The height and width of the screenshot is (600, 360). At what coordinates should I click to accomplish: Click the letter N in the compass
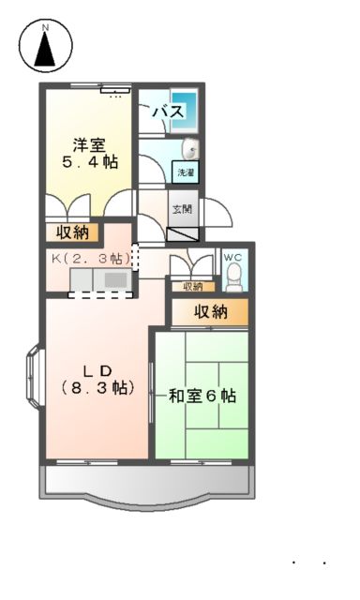pyautogui.click(x=44, y=28)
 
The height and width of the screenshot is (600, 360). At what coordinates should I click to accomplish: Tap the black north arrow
pyautogui.click(x=44, y=54)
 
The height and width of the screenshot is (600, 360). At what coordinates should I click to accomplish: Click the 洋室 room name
pyautogui.click(x=90, y=144)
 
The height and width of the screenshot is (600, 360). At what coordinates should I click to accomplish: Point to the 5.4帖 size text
pyautogui.click(x=91, y=162)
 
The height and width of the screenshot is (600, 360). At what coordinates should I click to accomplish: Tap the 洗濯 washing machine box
pyautogui.click(x=186, y=172)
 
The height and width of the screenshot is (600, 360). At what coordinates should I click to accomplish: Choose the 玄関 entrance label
pyautogui.click(x=182, y=209)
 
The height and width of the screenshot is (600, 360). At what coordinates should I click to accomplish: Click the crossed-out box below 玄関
pyautogui.click(x=183, y=234)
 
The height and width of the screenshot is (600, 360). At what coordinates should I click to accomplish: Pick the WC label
pyautogui.click(x=232, y=257)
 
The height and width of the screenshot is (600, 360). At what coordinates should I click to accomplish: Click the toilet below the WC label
pyautogui.click(x=234, y=276)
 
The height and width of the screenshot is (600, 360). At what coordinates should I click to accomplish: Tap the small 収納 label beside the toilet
pyautogui.click(x=192, y=286)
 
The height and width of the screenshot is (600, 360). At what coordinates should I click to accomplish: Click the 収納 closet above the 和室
pyautogui.click(x=210, y=312)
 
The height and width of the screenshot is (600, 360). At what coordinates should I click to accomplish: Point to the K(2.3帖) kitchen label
pyautogui.click(x=89, y=257)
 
